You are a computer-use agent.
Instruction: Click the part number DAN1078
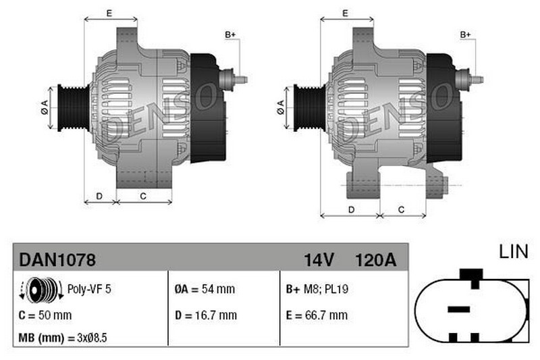[x=57, y=259]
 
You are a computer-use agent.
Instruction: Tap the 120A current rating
[x=375, y=259]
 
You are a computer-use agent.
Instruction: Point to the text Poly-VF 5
[x=89, y=289]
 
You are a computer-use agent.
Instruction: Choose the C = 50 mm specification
[x=45, y=315]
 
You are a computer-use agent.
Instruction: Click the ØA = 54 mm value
[x=205, y=289]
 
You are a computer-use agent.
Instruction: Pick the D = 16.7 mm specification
[x=206, y=315]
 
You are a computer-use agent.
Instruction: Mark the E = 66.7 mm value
[x=317, y=315]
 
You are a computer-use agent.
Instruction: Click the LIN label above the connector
[x=513, y=252]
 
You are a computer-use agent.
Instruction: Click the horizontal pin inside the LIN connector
[x=458, y=309]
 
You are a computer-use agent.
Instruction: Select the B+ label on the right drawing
[x=466, y=34]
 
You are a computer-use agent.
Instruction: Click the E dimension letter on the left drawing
[x=109, y=13]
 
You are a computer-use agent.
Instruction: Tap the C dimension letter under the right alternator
[x=401, y=209]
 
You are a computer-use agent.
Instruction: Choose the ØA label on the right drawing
[x=280, y=107]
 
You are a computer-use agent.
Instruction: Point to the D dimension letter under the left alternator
[x=99, y=196]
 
